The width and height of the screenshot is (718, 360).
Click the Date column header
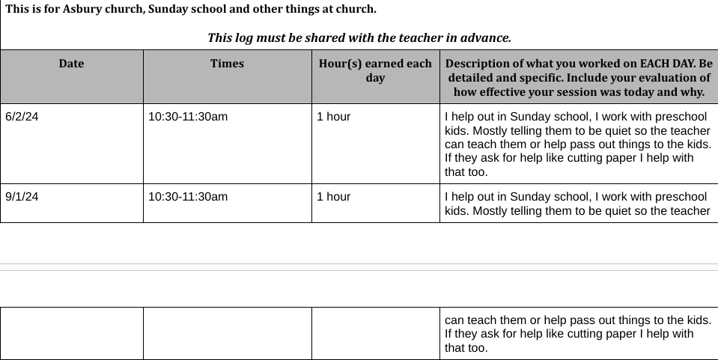point(71,64)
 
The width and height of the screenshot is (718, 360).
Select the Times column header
point(227,64)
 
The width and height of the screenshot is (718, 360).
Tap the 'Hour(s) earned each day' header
point(375,70)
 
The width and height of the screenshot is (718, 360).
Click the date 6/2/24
point(22,117)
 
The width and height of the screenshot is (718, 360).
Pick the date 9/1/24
point(22,197)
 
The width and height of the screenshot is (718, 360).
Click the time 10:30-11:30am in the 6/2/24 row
point(188,117)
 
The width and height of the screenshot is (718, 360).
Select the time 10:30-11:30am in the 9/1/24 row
point(188,197)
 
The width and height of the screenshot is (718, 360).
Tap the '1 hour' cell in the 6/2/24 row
point(333,117)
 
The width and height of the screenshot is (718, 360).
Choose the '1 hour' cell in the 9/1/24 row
point(333,197)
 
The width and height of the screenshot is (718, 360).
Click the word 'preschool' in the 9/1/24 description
point(681,197)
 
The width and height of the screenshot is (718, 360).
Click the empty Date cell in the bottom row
point(71,333)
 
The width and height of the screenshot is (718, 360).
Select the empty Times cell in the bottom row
point(227,333)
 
